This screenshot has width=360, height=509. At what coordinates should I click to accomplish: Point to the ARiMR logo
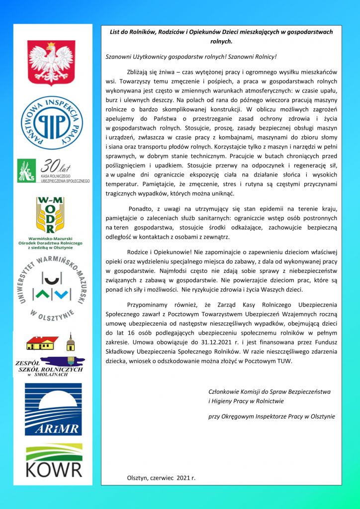53,409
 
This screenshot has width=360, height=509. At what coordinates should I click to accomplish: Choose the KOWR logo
54,460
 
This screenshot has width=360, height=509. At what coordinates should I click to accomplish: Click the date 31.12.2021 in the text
225,342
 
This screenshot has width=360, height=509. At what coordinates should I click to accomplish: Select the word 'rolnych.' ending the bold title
222,41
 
